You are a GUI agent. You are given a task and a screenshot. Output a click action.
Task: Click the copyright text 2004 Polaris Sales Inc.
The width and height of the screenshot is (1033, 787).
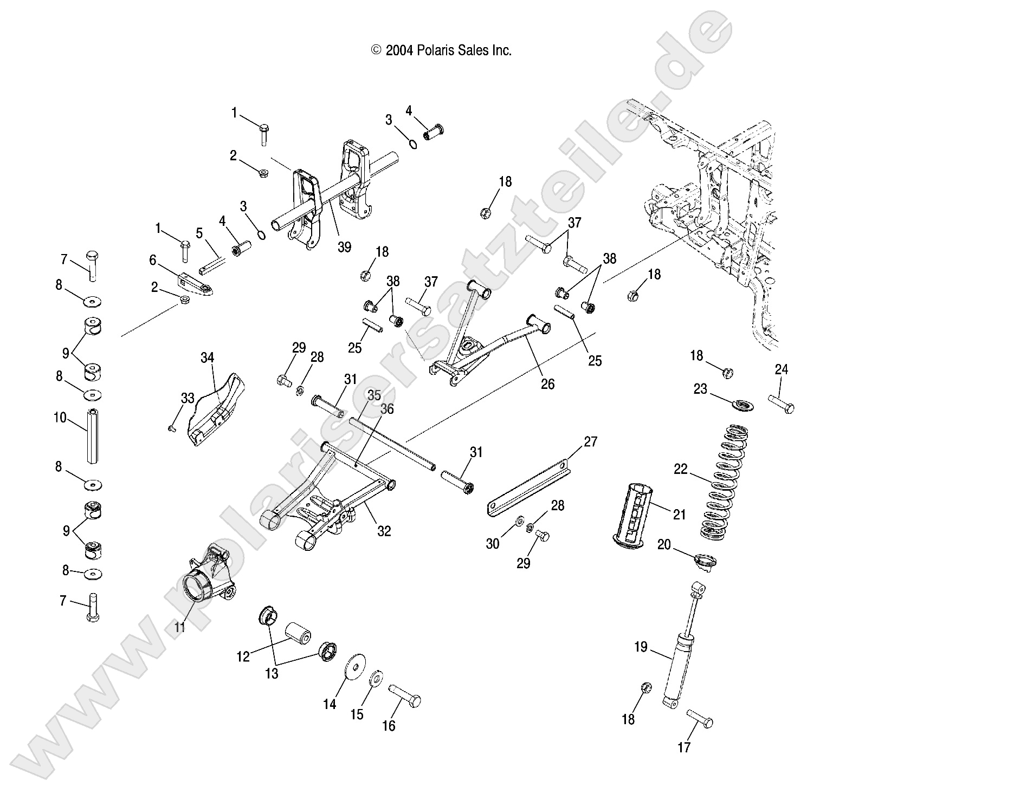click(441, 50)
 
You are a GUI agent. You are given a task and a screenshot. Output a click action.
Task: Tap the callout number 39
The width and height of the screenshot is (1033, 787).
click(344, 247)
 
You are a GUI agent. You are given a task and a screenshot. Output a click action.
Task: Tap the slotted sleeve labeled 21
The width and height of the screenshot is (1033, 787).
click(634, 509)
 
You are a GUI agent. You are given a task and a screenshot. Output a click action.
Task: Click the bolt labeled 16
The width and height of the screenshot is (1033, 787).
click(404, 695)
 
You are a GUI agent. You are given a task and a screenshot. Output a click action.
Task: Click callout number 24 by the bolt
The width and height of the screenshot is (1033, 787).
click(781, 369)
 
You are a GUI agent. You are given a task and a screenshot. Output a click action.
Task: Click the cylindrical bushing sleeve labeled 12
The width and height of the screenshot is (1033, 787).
click(298, 633)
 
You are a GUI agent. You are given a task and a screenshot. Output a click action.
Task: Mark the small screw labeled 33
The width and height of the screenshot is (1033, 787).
click(171, 428)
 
